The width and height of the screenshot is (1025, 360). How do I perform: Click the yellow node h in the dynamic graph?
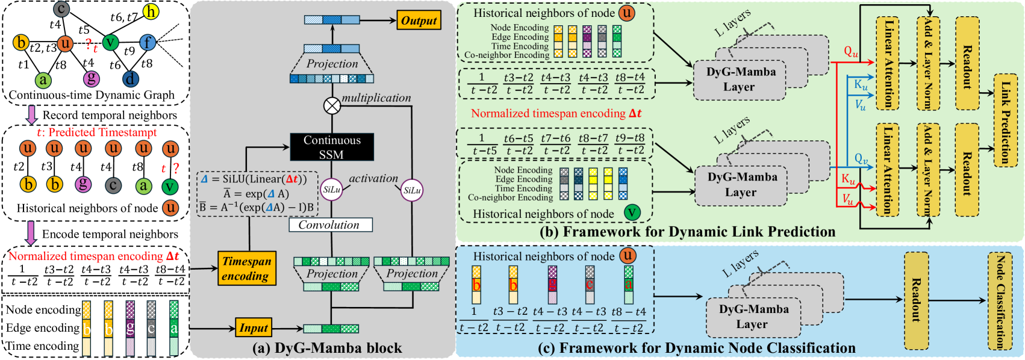tap(151, 11)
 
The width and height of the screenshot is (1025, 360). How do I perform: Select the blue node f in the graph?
tap(148, 42)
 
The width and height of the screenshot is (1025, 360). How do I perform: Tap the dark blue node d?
tap(131, 78)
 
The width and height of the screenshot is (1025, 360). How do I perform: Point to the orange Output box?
tap(419, 20)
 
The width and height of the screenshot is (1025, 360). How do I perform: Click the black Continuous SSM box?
tap(332, 147)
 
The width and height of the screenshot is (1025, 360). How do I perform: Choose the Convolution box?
tap(330, 225)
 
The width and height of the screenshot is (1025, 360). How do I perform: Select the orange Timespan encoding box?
tap(246, 268)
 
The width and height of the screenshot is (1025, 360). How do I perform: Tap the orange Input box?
tap(254, 328)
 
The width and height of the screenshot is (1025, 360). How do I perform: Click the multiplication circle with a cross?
tap(332, 106)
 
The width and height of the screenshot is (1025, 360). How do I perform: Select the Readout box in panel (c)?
tap(916, 301)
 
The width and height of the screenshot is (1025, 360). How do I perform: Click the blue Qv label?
tap(861, 160)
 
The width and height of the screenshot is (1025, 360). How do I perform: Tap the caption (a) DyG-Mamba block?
tap(327, 348)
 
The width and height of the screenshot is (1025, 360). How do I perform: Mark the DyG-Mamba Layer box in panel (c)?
tap(753, 317)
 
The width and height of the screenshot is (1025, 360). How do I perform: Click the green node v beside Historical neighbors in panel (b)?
tap(632, 213)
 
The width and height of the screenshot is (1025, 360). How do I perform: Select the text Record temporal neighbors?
tap(110, 115)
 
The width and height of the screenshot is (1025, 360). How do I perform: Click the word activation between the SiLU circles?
tap(373, 178)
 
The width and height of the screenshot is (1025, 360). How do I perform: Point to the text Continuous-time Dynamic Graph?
tap(92, 95)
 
